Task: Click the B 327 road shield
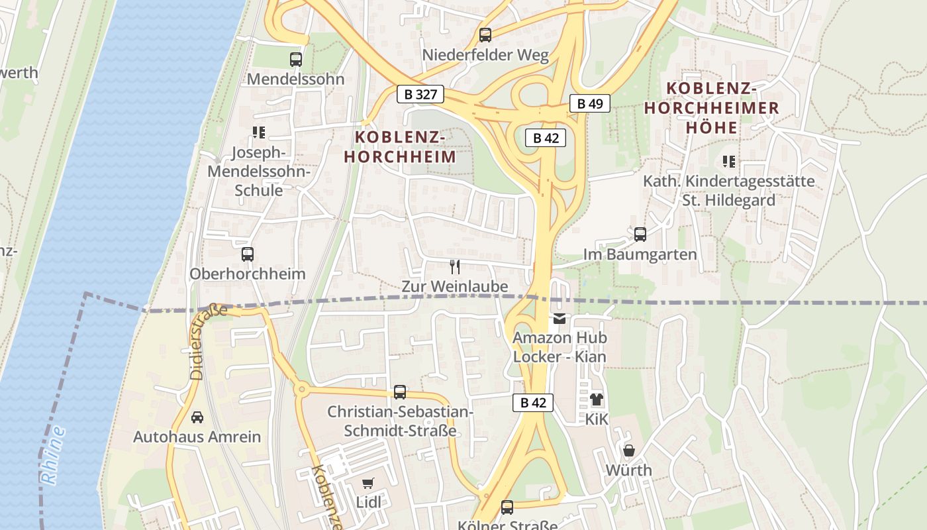420,94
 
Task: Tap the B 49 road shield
589,103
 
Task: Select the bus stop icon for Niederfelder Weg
485,35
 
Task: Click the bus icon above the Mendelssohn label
296,60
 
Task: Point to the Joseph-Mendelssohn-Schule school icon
259,132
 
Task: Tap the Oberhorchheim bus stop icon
248,254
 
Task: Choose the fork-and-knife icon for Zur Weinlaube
455,267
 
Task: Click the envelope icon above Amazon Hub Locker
560,319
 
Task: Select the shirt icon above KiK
597,399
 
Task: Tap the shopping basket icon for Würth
629,451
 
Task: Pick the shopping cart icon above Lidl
368,483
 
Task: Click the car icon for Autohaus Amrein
197,417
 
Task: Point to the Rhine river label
53,456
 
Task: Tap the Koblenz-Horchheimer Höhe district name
712,107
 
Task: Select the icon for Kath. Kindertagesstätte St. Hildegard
729,162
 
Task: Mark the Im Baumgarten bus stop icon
640,235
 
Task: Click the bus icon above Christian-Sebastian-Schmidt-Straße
400,392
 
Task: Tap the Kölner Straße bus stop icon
507,507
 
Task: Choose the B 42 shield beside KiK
532,403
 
